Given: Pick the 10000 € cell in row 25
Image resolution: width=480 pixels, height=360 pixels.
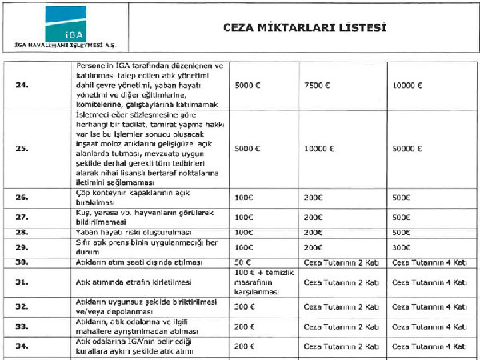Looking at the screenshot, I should [321, 148].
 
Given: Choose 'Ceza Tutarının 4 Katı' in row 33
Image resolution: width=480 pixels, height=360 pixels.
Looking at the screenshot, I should [428, 326].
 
